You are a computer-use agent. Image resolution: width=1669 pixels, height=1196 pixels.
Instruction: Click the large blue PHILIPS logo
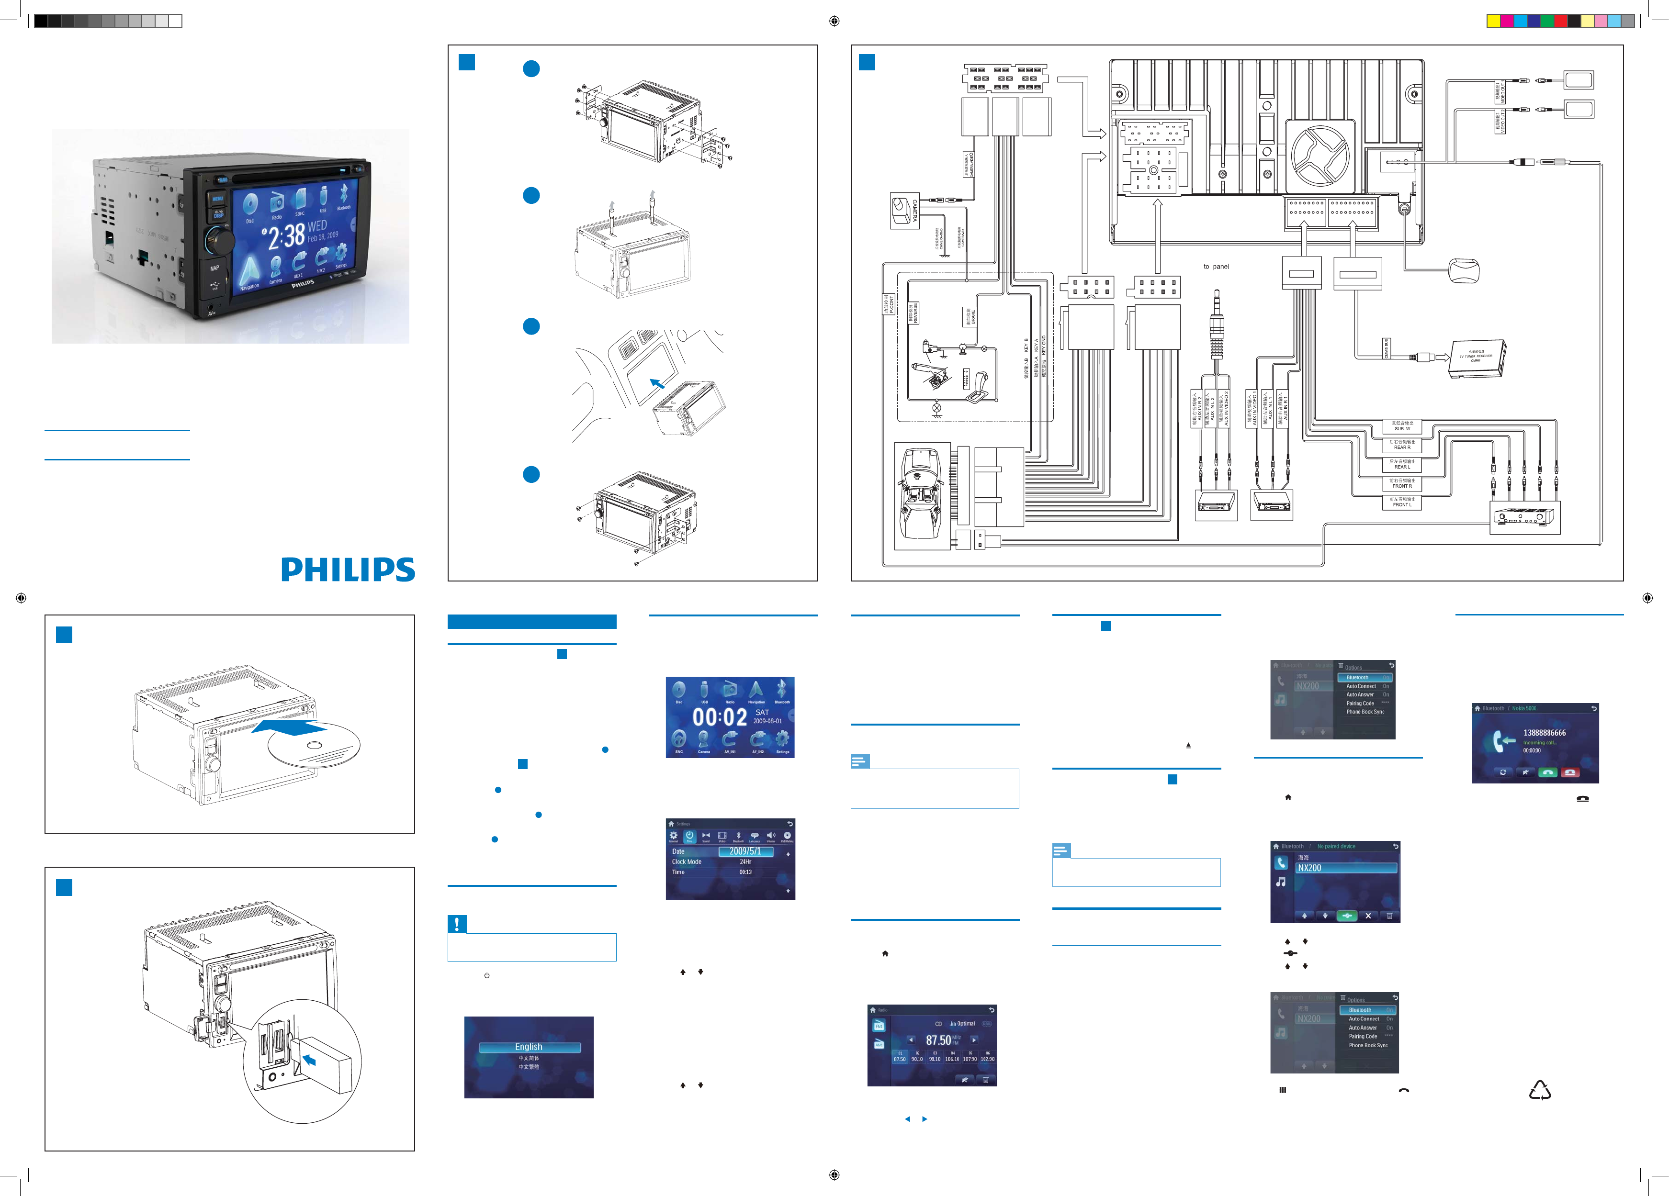point(348,570)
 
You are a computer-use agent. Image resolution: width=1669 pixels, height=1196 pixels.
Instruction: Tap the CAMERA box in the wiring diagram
point(903,211)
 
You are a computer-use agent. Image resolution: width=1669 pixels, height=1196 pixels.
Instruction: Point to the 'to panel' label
point(1216,266)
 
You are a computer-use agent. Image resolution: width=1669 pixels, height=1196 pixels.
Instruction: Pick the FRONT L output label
point(1402,503)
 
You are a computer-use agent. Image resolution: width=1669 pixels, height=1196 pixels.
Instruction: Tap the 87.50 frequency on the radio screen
point(939,1040)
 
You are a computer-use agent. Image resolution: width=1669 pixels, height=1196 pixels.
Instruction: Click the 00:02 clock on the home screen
point(719,717)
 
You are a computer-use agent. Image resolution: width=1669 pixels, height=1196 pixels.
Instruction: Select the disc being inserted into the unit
point(314,745)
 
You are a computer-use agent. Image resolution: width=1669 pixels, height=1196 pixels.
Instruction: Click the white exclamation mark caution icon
point(457,924)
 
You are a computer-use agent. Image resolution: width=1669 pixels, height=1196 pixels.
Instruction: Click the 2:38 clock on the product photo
point(285,236)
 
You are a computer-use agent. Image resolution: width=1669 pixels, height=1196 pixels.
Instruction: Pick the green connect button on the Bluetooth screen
point(1347,916)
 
